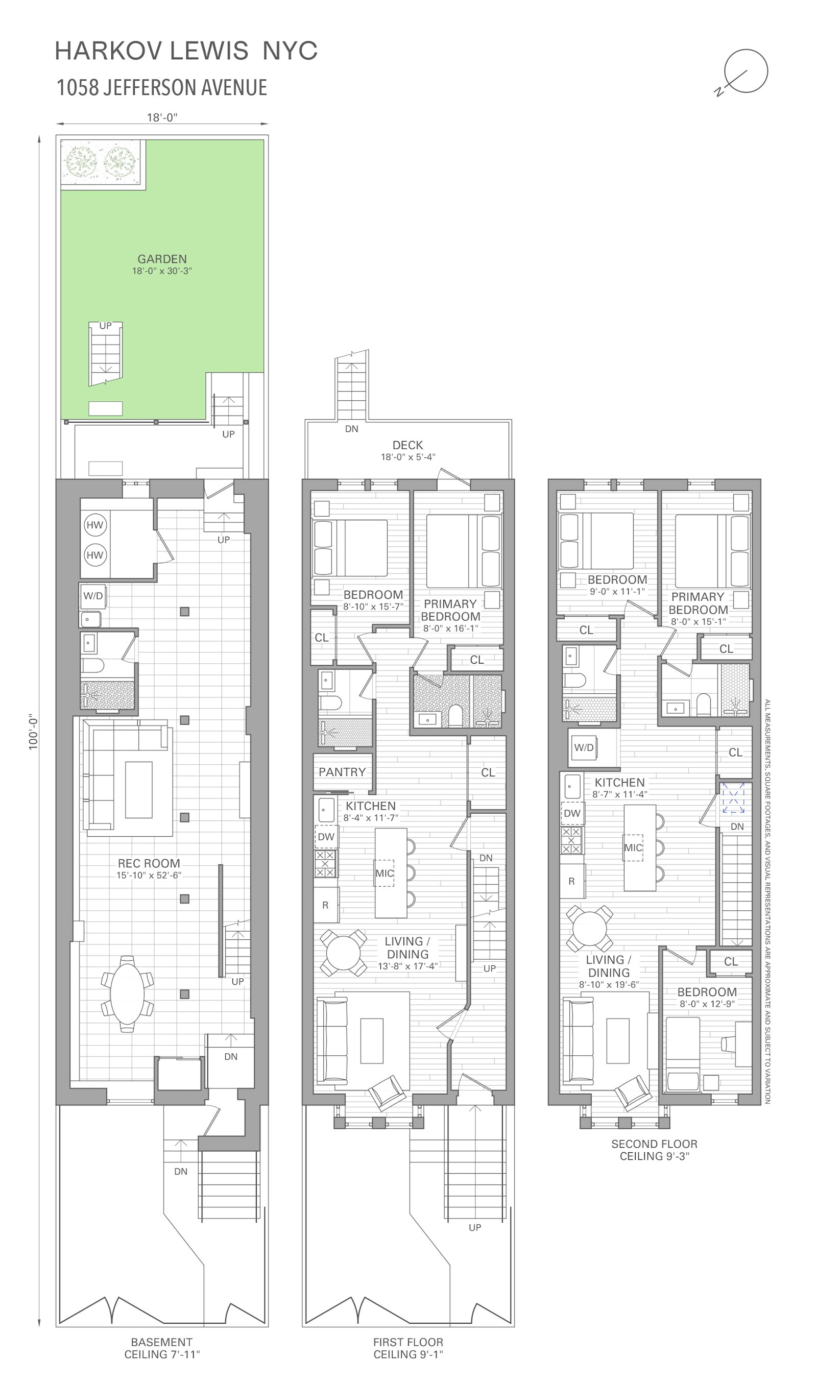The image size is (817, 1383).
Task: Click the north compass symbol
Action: tap(746, 71)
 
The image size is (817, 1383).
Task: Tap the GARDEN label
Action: tap(162, 259)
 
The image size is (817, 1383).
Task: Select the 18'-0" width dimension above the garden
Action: tap(162, 117)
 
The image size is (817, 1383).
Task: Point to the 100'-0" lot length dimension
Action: tap(34, 732)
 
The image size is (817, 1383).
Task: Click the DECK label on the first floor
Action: tap(408, 445)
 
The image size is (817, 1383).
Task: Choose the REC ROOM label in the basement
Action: tap(149, 863)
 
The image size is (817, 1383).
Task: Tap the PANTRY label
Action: tap(342, 772)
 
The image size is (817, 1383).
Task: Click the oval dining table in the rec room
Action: tap(127, 992)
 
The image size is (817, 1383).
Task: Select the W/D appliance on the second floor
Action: tap(584, 747)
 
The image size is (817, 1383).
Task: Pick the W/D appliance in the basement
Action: tap(92, 596)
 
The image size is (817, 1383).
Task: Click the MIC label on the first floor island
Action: tap(385, 874)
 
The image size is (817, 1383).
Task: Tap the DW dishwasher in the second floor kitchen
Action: tap(572, 813)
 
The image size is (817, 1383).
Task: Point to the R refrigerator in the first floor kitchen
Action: tap(325, 905)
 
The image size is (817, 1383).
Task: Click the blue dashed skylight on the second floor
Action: tap(733, 797)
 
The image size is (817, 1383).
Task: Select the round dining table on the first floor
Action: tap(343, 953)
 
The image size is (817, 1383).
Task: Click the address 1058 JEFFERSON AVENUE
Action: tap(162, 87)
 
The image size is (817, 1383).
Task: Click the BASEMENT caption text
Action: tap(162, 1342)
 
